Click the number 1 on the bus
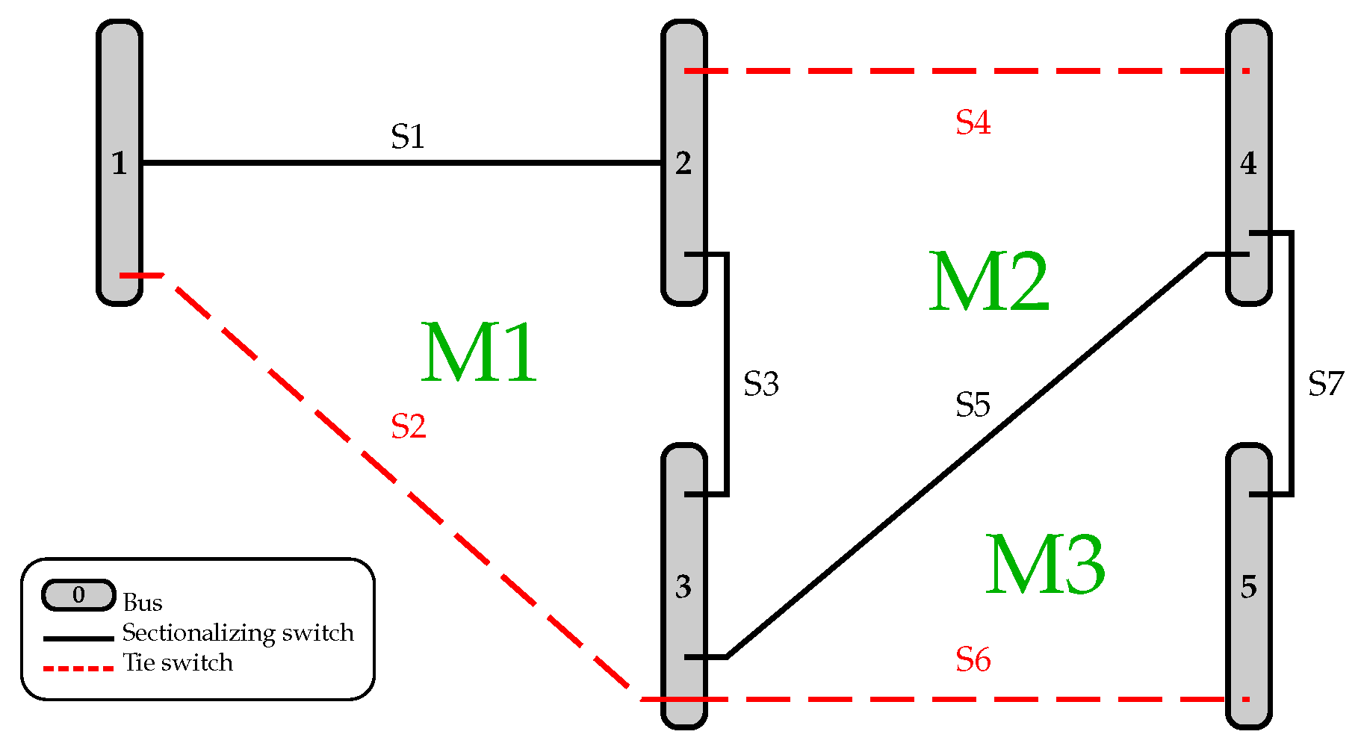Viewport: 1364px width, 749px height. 119,164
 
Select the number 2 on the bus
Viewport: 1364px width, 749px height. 683,164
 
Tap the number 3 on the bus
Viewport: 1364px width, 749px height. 683,587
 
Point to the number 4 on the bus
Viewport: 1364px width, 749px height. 1248,164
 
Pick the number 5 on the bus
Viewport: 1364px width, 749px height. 1248,587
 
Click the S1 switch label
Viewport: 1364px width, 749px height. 408,137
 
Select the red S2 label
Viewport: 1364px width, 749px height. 409,426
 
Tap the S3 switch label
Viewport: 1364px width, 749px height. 761,384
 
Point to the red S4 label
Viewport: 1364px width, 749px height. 973,122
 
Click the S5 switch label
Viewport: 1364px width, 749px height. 973,405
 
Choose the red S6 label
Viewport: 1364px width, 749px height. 973,660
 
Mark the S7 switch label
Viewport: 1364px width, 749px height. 1326,384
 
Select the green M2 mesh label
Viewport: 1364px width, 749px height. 988,282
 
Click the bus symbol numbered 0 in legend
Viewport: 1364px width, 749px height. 78,595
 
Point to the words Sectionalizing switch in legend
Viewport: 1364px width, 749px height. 238,633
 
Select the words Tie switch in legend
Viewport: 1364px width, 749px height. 178,662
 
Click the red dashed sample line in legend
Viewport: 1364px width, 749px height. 78,668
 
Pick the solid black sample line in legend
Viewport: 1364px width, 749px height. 78,638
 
